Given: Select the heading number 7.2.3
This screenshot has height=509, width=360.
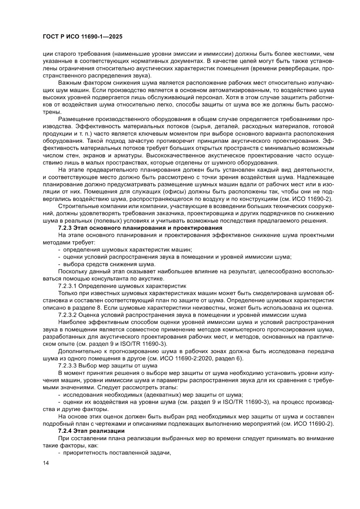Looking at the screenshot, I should [66, 228].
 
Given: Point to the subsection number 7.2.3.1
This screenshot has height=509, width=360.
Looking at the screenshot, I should [69, 286].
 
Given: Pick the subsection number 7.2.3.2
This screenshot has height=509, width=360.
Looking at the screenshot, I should [69, 314].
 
